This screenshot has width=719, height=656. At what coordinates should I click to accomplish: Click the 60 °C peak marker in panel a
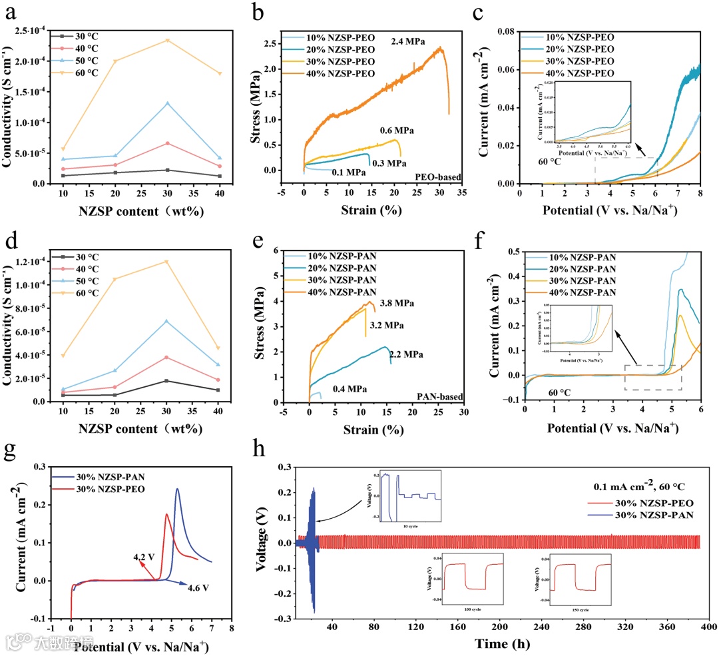(168, 40)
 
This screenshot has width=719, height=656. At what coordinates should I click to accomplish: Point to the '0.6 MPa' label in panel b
(397, 131)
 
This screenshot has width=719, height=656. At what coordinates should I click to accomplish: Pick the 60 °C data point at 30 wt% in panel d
(168, 262)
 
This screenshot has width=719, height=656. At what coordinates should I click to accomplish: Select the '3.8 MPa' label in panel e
(397, 304)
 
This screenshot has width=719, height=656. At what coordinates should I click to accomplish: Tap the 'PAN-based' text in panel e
(441, 396)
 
